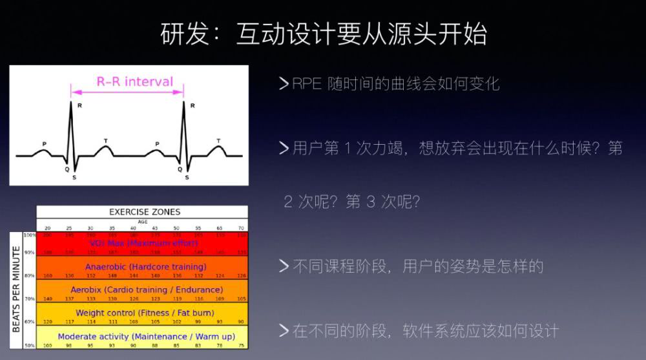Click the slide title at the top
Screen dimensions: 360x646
323,34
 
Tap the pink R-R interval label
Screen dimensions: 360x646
135,81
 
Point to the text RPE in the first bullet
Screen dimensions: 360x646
307,84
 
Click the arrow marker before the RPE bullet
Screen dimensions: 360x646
283,84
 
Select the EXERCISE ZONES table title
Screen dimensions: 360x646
145,211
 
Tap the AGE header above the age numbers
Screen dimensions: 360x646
142,222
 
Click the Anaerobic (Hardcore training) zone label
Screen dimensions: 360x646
145,266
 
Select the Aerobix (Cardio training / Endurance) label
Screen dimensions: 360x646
147,290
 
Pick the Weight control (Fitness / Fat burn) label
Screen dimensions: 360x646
145,313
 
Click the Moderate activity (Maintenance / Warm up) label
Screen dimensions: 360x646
146,336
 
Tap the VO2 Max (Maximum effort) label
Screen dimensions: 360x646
143,243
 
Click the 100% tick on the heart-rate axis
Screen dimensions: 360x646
30,235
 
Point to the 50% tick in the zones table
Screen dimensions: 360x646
30,346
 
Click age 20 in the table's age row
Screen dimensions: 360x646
47,228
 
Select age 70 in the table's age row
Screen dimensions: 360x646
241,228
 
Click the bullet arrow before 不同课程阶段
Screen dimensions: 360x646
283,266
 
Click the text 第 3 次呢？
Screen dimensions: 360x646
383,202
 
